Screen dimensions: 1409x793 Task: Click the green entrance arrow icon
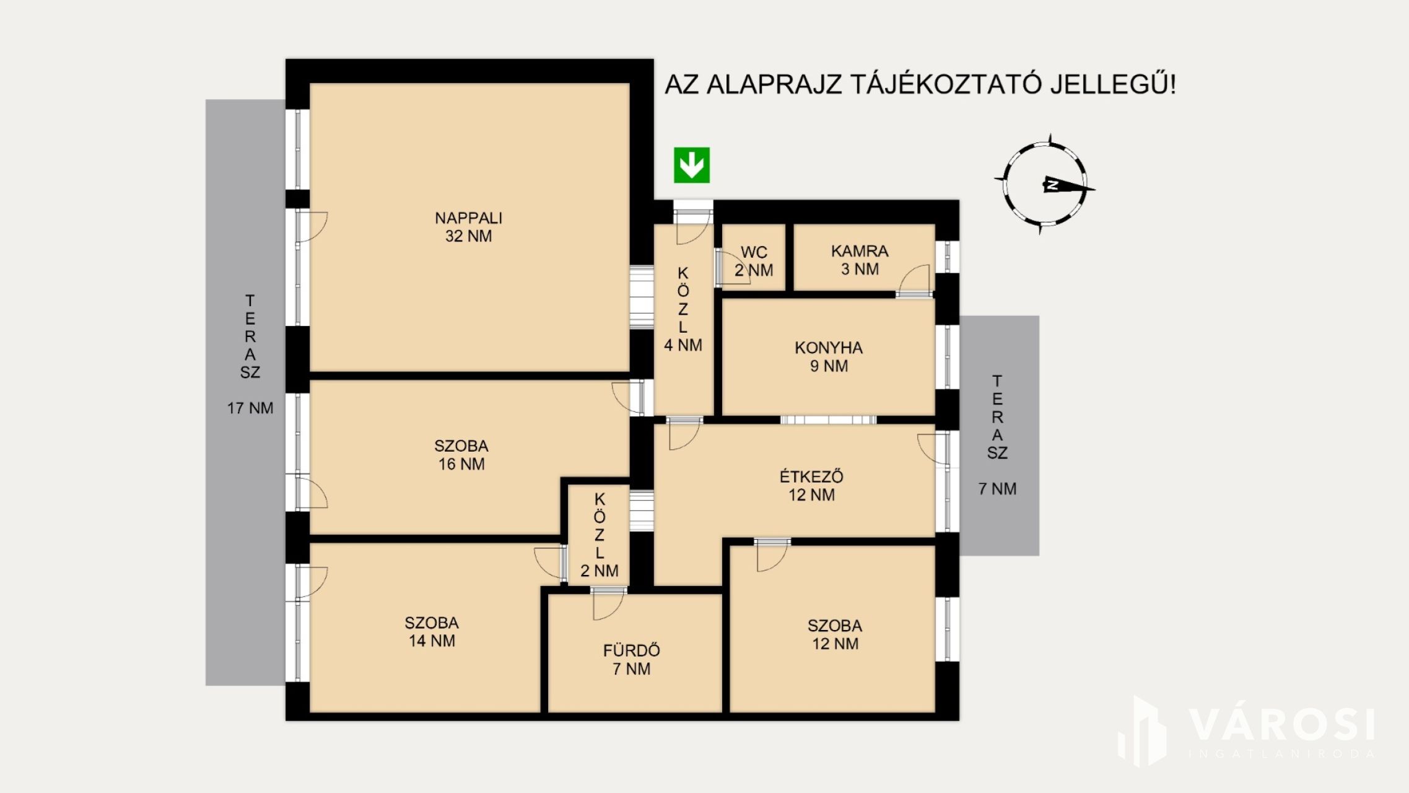point(692,165)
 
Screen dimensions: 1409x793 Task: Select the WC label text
point(754,252)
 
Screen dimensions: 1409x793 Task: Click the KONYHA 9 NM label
point(829,357)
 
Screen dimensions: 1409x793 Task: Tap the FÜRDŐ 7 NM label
point(632,659)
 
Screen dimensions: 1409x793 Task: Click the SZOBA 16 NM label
point(461,455)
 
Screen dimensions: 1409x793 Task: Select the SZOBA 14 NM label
point(432,632)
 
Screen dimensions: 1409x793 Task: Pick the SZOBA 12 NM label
point(835,634)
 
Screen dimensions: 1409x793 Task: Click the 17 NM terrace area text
point(250,408)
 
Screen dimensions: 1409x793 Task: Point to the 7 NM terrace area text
point(997,489)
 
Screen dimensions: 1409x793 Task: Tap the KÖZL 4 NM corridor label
point(683,309)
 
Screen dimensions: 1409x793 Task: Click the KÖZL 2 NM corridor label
point(599,535)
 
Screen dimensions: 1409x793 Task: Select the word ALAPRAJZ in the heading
point(775,85)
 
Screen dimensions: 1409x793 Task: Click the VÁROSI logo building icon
point(1143,731)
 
